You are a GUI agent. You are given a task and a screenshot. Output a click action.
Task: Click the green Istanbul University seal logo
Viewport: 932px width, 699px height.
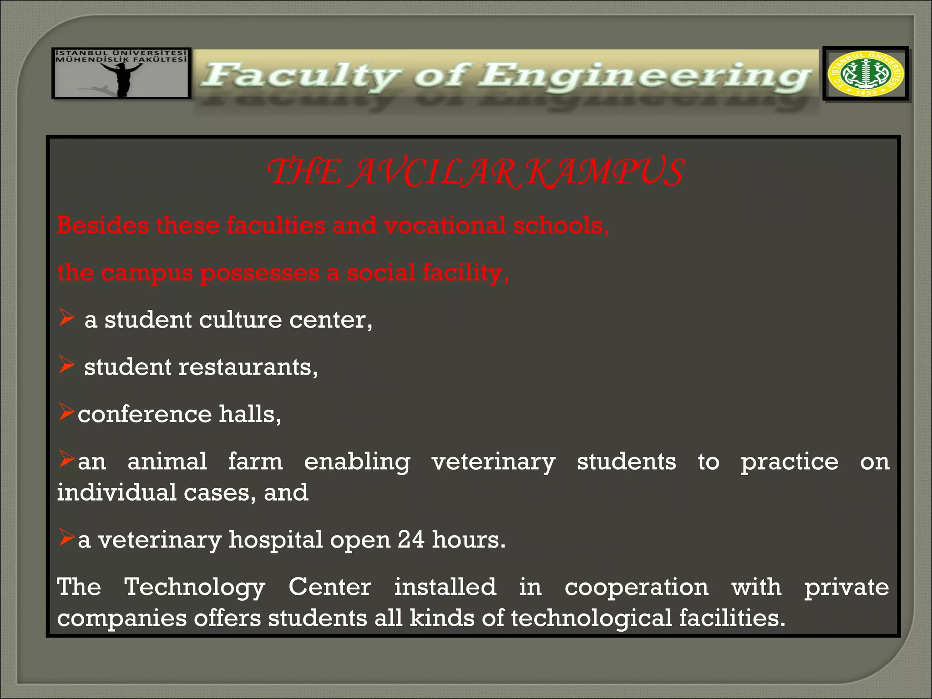point(866,74)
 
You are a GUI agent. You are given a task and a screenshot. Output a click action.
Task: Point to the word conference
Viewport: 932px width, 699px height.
point(144,414)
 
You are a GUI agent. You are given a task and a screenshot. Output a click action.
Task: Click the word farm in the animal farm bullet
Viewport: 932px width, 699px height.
point(255,461)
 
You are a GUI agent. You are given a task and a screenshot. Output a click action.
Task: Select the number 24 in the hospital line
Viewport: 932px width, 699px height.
point(411,540)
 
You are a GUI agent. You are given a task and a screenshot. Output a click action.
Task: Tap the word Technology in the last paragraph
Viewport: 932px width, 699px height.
point(194,588)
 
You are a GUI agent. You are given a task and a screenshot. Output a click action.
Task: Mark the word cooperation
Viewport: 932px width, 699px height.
point(636,588)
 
